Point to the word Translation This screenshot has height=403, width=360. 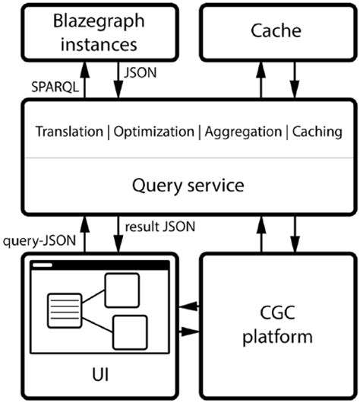pos(69,131)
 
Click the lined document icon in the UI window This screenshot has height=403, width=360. pos(62,309)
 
